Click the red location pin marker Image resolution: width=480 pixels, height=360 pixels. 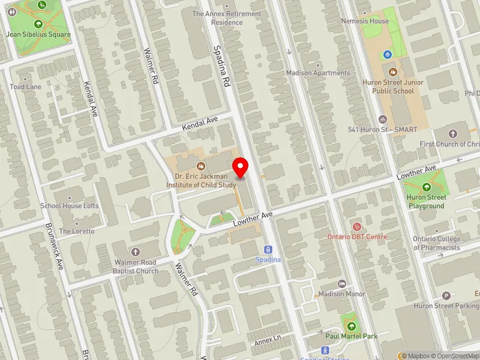coord(241,166)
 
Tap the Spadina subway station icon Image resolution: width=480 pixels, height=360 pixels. coord(268,250)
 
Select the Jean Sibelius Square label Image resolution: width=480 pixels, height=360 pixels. coord(38,34)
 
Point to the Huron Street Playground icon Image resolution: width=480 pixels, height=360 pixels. coord(427,187)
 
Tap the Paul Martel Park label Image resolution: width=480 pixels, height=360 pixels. coord(352,336)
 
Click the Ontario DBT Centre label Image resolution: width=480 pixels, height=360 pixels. coord(358,236)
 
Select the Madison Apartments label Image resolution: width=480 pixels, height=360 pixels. coord(318,73)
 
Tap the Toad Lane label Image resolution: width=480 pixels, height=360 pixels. coord(25,86)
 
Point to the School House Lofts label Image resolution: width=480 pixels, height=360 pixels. coord(70,206)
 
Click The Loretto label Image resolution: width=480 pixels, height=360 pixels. coord(77,231)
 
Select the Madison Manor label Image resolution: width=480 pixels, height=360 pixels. coord(342,294)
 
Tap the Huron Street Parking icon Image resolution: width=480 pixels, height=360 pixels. coord(446,296)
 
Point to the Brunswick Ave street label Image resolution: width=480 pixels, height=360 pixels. coord(54,246)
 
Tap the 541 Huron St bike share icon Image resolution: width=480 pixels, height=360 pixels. coord(383,119)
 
